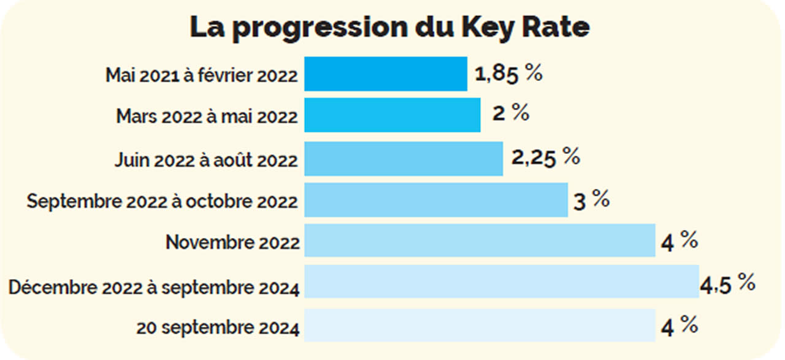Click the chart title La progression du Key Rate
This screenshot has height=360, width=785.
[389, 28]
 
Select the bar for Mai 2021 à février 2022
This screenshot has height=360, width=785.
[386, 74]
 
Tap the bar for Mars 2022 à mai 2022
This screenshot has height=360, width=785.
[392, 115]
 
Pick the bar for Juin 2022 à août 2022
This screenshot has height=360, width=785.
[404, 158]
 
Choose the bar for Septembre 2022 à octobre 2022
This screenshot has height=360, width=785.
[436, 200]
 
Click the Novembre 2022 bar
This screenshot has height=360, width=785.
[480, 240]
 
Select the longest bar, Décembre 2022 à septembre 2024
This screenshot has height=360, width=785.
[502, 281]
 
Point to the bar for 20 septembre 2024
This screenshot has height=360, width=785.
[480, 325]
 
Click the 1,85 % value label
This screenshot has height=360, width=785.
[508, 74]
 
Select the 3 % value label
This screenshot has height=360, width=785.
[591, 201]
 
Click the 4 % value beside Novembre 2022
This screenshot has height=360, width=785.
[679, 242]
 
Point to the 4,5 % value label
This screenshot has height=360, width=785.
[727, 283]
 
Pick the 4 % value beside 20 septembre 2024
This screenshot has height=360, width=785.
[679, 326]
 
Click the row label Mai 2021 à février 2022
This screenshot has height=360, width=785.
[202, 75]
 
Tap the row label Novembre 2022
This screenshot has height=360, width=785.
[232, 242]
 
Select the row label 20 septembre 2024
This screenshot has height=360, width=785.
[218, 328]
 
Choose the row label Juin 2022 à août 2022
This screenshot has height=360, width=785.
[206, 160]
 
